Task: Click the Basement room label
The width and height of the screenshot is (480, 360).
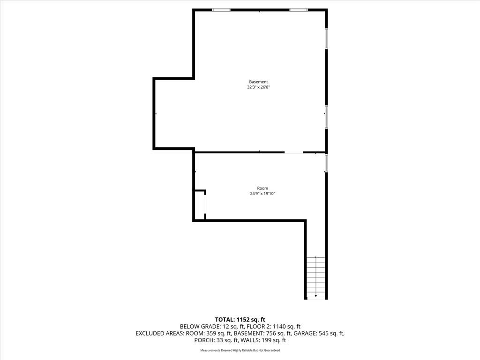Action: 258,82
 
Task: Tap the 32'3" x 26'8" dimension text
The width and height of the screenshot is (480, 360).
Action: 258,87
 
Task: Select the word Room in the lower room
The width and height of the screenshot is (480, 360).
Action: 262,188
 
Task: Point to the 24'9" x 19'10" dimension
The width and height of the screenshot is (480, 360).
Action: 262,194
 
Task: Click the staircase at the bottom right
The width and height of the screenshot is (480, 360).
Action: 316,277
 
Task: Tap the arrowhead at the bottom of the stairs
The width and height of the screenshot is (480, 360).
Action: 316,296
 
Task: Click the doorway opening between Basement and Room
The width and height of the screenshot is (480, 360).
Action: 294,152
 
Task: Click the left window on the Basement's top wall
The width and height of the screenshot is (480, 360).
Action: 221,10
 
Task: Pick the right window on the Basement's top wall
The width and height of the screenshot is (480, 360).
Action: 299,10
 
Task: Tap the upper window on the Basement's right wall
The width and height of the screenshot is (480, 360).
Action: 326,38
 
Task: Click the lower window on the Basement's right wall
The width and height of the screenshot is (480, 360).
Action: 326,117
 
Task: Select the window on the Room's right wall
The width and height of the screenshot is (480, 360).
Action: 326,163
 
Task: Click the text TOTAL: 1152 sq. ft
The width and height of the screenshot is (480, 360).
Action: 240,320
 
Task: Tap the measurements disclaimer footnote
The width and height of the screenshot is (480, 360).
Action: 240,350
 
